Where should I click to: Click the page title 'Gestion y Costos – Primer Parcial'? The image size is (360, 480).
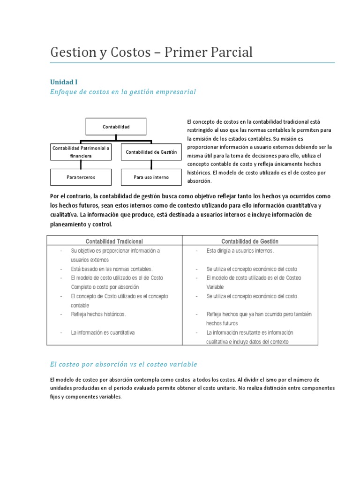tap(151, 52)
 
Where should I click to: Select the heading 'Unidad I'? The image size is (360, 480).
tap(64, 82)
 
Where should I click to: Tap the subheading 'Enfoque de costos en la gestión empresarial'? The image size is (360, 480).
tap(123, 92)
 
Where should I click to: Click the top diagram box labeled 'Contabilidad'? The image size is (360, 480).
tap(116, 127)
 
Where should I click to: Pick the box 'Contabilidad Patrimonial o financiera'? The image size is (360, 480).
tap(81, 152)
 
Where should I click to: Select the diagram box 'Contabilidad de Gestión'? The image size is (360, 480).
tap(151, 152)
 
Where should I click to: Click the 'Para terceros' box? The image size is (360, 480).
tap(81, 177)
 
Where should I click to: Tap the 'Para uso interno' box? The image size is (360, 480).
tap(151, 177)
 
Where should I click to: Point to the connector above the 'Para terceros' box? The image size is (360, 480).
tap(81, 165)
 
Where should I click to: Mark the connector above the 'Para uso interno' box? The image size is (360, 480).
tap(151, 165)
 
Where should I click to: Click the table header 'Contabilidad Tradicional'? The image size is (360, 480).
tap(114, 241)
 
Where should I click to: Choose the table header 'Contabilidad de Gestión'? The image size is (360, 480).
tap(250, 241)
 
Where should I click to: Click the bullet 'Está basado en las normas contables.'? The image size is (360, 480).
tap(112, 269)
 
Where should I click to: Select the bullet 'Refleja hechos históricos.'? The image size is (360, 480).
tap(98, 314)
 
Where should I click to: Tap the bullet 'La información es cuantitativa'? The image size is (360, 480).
tap(103, 332)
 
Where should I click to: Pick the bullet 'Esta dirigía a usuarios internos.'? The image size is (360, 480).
tap(240, 251)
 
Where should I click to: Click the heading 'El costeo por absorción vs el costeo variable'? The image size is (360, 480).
tap(124, 364)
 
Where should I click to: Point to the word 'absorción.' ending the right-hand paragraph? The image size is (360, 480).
tap(199, 181)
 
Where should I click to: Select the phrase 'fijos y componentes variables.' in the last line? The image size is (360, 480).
tap(86, 397)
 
